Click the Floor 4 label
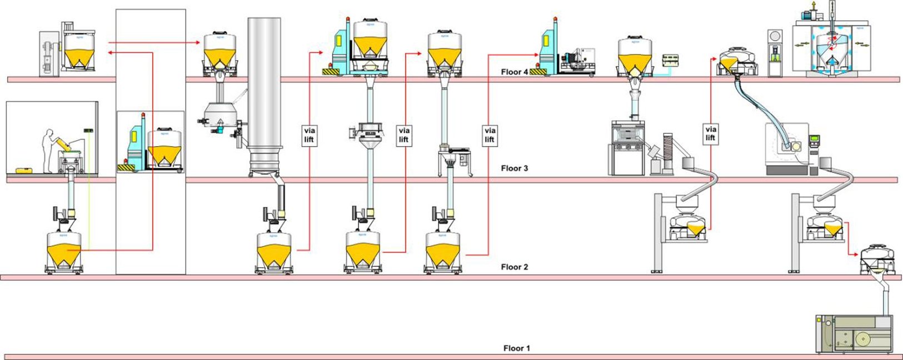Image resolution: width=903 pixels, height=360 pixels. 514,72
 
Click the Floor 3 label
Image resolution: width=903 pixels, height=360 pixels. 514,168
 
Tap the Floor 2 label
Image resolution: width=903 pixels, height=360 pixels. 514,267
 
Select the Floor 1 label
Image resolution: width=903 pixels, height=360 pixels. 516,348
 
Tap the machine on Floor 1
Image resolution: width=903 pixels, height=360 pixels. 855,333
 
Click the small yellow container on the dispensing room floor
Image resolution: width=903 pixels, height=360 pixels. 23,171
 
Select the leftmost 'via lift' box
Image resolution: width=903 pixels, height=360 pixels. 309,135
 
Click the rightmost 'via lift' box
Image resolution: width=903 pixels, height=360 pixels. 710,134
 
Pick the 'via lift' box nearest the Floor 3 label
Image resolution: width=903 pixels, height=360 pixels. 490,135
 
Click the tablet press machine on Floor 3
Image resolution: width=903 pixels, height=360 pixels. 628,147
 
